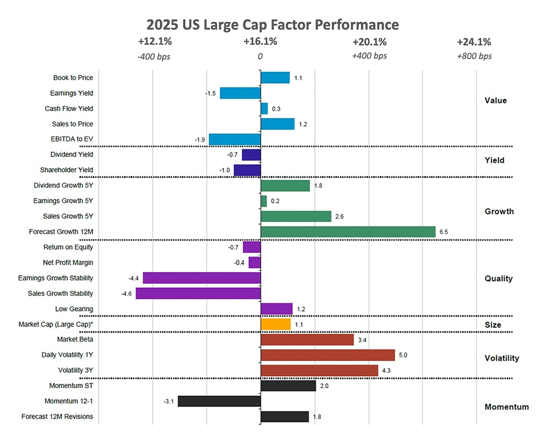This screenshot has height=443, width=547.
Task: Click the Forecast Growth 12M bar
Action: (348, 232)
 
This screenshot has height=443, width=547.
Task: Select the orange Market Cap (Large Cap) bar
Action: (275, 324)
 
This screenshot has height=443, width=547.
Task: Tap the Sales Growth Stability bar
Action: (198, 294)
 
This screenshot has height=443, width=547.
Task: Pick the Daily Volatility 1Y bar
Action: (327, 355)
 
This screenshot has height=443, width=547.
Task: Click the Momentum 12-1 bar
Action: (219, 401)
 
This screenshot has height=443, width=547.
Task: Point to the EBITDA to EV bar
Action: (235, 139)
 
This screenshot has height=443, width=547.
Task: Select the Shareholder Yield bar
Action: (247, 170)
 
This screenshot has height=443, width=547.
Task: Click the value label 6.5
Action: (443, 232)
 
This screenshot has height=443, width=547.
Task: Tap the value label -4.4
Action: (133, 278)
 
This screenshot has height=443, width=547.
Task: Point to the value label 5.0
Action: (402, 355)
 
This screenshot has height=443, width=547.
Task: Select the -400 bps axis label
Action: (153, 56)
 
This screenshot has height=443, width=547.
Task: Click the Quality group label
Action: (498, 279)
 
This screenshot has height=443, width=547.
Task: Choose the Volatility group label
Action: (501, 358)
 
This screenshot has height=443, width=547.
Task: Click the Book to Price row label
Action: (73, 78)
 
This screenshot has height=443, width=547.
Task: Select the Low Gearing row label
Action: (74, 309)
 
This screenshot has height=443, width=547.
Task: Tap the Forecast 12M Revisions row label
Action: (57, 416)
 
